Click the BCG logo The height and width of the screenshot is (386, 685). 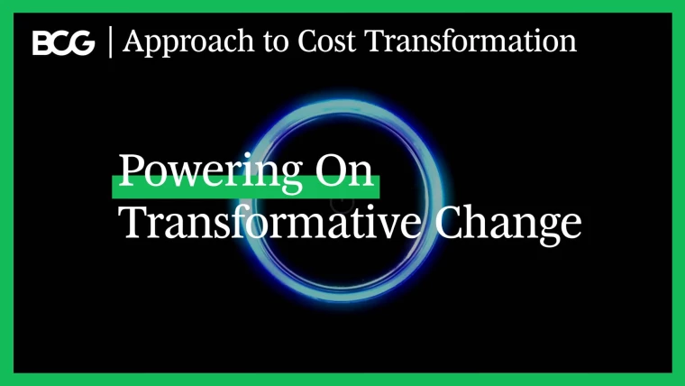pos(63,43)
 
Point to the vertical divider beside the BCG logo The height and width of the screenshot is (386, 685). pos(110,41)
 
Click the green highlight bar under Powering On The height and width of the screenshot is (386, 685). pos(245,186)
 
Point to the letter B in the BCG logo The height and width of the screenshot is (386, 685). pos(42,43)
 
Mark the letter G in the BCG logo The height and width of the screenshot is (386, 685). pos(84,43)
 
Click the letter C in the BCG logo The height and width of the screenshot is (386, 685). pos(62,43)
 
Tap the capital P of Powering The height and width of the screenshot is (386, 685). pos(131,169)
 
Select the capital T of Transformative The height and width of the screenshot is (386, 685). pos(133,221)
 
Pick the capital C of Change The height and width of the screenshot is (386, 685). pos(451,221)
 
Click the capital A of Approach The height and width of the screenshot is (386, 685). pos(132,41)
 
